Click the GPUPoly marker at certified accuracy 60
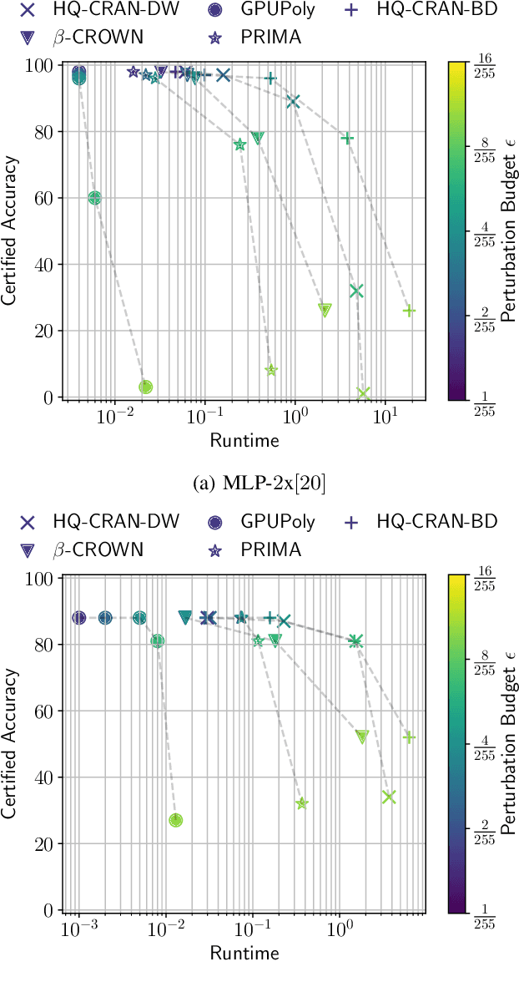[x=94, y=198]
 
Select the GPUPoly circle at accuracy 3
[x=145, y=387]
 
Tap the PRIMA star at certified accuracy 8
[x=271, y=370]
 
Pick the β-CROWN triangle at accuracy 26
[x=325, y=310]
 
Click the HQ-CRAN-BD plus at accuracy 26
[x=409, y=311]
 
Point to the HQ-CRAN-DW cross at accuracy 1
[x=363, y=393]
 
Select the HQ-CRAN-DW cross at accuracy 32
[x=356, y=291]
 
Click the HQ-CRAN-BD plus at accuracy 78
[x=348, y=138]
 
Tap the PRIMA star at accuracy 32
[x=302, y=803]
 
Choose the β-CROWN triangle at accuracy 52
[x=362, y=736]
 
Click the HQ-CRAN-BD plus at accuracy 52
[x=409, y=737]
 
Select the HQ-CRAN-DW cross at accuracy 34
[x=388, y=797]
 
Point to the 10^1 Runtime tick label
[x=385, y=418]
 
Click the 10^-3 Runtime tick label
[x=78, y=931]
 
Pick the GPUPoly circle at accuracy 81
[x=158, y=641]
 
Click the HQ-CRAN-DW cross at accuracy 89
[x=293, y=102]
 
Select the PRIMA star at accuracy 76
[x=240, y=144]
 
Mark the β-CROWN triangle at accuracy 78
[x=258, y=138]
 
